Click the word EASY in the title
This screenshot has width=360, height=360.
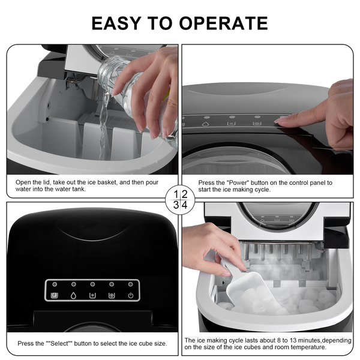click(116, 23)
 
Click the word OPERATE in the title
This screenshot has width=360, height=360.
click(223, 23)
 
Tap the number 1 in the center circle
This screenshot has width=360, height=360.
click(176, 194)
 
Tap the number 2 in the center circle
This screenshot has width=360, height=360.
click(184, 194)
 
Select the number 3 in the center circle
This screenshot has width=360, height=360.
click(176, 205)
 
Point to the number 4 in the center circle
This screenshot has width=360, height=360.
click(184, 205)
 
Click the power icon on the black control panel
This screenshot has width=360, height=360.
click(131, 295)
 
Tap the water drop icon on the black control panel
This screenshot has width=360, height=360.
click(73, 295)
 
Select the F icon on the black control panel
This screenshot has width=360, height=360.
click(55, 295)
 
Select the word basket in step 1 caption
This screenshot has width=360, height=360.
click(107, 182)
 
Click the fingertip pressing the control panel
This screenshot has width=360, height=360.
click(279, 121)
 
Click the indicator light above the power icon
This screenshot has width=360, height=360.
click(131, 284)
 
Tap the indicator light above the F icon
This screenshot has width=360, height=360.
click(55, 284)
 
